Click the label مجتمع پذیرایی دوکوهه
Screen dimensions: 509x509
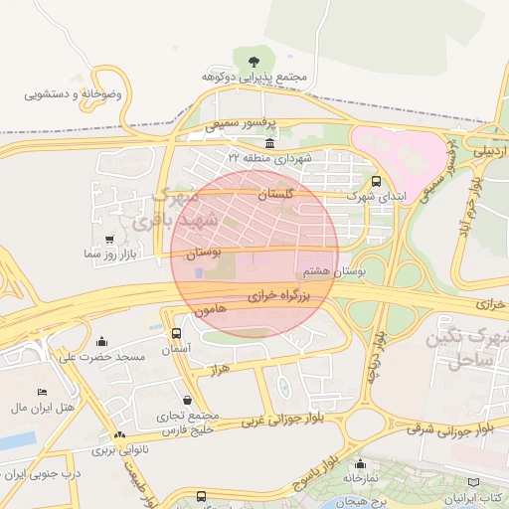point(254,77)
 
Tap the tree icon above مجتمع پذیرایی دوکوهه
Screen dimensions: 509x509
point(254,62)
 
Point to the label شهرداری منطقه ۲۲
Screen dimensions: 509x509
point(268,158)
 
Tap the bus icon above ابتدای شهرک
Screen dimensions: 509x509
point(376,182)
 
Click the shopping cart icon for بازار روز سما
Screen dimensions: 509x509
point(108,240)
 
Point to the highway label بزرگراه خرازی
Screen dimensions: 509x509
point(279,295)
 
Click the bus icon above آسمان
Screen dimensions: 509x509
point(176,334)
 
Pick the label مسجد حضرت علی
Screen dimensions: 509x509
point(102,356)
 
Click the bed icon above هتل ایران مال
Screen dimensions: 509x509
point(42,393)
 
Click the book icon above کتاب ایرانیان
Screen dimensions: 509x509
point(486,481)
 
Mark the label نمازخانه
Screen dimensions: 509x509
point(359,477)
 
